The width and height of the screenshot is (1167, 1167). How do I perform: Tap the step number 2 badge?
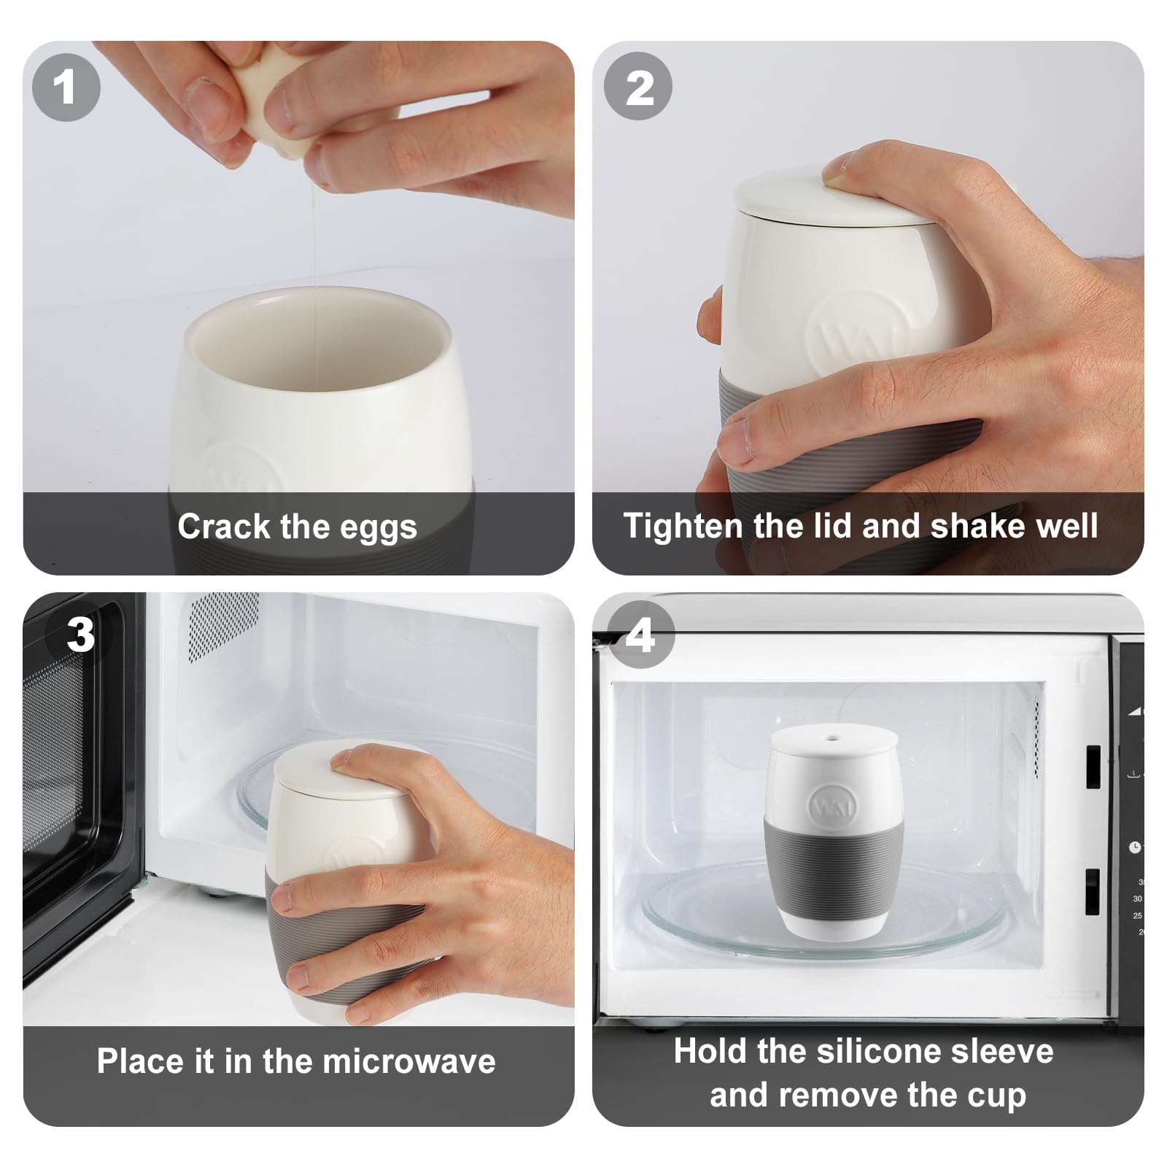click(x=638, y=87)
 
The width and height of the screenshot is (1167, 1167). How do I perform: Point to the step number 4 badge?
click(x=640, y=635)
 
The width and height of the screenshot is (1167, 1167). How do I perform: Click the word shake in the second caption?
click(x=974, y=525)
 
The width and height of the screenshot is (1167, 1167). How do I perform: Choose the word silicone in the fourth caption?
click(x=879, y=1051)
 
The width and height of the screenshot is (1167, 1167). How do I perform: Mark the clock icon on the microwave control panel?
click(x=1135, y=848)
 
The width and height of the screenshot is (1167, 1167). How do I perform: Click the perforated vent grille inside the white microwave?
click(x=223, y=626)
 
